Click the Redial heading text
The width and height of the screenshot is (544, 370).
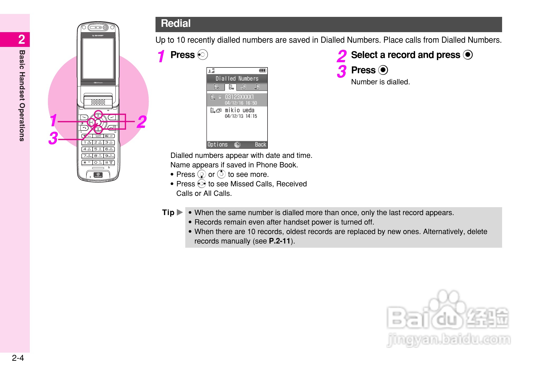click(x=176, y=24)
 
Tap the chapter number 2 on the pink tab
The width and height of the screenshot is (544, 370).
click(x=22, y=40)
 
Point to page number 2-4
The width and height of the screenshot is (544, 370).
click(x=18, y=358)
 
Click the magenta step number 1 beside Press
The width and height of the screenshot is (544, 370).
click(x=161, y=56)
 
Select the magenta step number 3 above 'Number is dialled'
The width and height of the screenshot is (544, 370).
click(x=342, y=71)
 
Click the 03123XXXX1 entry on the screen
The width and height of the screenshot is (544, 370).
click(x=239, y=97)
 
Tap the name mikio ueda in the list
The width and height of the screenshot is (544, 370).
click(x=240, y=110)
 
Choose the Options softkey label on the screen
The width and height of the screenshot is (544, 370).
click(x=217, y=144)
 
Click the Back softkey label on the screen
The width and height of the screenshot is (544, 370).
click(x=260, y=144)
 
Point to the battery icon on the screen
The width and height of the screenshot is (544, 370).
click(x=263, y=70)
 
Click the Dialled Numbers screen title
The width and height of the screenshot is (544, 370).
click(x=237, y=79)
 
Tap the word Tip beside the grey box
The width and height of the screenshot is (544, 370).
click(x=168, y=212)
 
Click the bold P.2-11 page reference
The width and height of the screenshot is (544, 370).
click(x=279, y=241)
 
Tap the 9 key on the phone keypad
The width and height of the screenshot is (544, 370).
click(x=109, y=156)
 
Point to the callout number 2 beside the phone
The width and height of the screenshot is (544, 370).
click(x=142, y=122)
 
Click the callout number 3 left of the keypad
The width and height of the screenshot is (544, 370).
click(x=53, y=138)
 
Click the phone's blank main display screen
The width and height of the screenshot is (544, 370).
click(x=98, y=59)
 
